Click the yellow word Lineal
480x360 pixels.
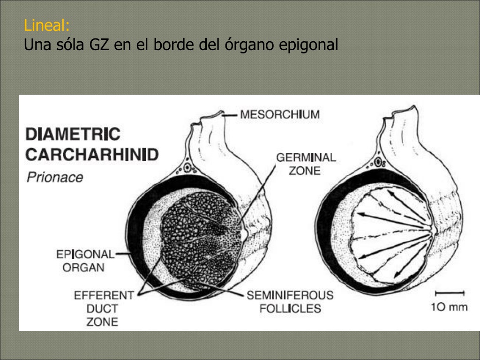click(x=46, y=25)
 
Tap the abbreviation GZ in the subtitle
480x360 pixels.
click(x=99, y=45)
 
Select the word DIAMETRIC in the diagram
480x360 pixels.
click(x=73, y=134)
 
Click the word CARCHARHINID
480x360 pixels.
click(x=92, y=155)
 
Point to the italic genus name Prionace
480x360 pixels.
click(x=55, y=177)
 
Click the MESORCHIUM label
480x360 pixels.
click(x=280, y=114)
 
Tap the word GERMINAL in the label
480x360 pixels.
click(x=306, y=157)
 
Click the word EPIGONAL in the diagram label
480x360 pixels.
click(x=85, y=255)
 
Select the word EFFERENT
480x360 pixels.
click(x=104, y=295)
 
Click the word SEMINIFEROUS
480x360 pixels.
click(x=290, y=295)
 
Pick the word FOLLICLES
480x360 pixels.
click(x=290, y=308)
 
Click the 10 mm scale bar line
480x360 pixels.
click(x=450, y=293)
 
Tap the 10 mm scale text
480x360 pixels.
click(x=450, y=307)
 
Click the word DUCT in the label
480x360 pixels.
click(x=102, y=308)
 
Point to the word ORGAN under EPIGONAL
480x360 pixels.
click(x=83, y=268)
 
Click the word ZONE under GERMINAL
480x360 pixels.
click(x=305, y=171)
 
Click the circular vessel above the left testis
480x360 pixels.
click(x=187, y=168)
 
